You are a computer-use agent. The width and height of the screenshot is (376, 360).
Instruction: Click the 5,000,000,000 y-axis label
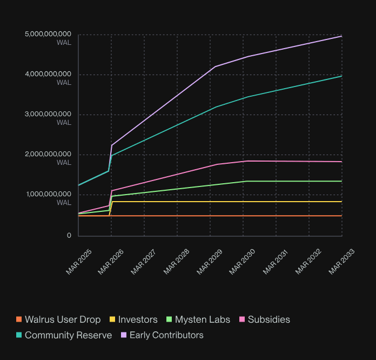coord(48,35)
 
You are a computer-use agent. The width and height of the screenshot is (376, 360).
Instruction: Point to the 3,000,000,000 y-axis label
coord(48,115)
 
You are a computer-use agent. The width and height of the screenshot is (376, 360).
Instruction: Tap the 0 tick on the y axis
coord(69,236)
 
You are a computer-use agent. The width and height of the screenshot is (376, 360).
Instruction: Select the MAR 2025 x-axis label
coord(79,262)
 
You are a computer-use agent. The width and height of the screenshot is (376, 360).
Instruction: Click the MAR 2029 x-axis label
coord(210,262)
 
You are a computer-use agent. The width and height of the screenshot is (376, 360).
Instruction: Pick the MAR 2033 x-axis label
coord(341,262)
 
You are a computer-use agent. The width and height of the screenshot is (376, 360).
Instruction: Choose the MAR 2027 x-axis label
coord(144,262)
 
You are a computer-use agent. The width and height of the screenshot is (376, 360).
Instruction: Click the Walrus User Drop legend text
coord(63,319)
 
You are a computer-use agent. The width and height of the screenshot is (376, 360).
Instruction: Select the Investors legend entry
coord(138,319)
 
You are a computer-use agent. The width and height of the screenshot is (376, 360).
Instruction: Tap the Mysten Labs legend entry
coord(203,319)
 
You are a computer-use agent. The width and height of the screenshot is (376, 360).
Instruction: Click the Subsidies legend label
coord(269,319)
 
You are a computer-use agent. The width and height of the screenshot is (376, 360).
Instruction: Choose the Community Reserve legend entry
coord(68,335)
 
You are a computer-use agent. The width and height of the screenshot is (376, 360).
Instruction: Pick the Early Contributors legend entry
coord(166,335)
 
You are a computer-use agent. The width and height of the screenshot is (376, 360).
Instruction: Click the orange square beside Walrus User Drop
coord(19,319)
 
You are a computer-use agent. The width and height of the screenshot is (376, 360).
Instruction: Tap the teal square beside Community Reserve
coord(19,335)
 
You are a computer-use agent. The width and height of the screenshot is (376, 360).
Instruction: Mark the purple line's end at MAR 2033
coord(341,36)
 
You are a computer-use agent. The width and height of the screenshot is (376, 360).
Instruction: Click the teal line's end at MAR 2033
coord(341,76)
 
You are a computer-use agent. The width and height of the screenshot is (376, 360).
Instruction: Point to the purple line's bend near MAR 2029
coord(215,66)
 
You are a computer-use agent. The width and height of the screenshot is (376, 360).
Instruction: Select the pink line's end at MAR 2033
coord(341,162)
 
